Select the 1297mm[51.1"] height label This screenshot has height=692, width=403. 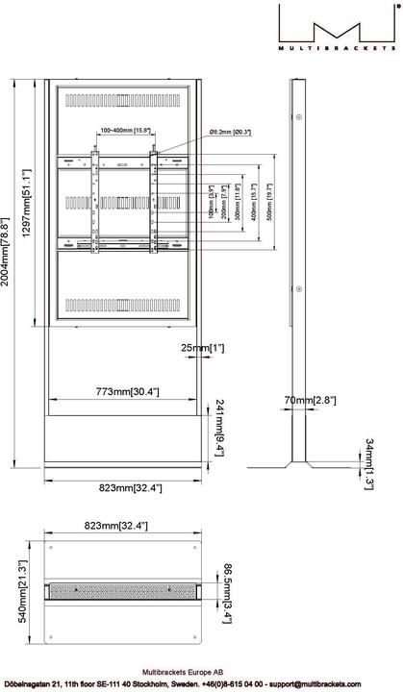(29, 203)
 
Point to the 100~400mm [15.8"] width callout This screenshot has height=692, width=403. (123, 130)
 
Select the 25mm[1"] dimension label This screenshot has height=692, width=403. (205, 348)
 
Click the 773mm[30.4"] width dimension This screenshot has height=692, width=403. (127, 392)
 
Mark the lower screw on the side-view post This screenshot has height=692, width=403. (299, 285)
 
